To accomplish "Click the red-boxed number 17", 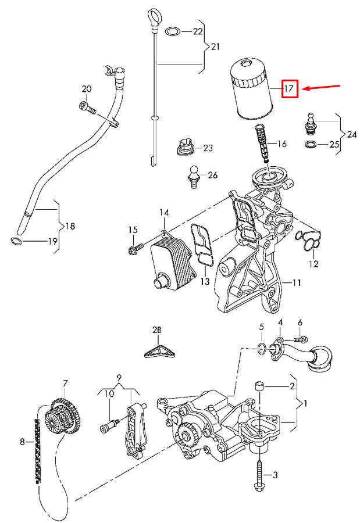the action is click(289, 89).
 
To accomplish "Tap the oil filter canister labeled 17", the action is click(252, 89).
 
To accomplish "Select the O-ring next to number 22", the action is click(173, 32).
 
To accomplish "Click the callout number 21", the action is click(215, 46).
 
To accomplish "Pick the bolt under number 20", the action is click(87, 108).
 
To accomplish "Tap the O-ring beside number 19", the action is click(16, 241).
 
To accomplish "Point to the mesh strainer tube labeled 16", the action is click(262, 143).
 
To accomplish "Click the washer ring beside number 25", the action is click(311, 145).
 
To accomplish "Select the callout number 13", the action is click(205, 281).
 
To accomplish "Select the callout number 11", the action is click(297, 283).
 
